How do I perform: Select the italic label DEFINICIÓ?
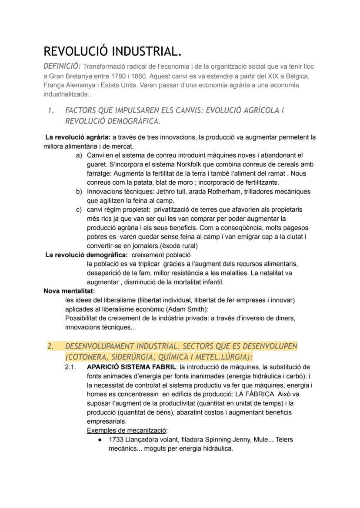[62, 66]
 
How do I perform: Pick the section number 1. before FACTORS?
[51, 111]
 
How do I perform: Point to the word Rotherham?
[219, 192]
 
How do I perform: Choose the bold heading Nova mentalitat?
[69, 291]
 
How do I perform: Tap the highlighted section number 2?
[51, 346]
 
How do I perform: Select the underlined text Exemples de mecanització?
[127, 430]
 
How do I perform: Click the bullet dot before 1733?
[100, 440]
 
